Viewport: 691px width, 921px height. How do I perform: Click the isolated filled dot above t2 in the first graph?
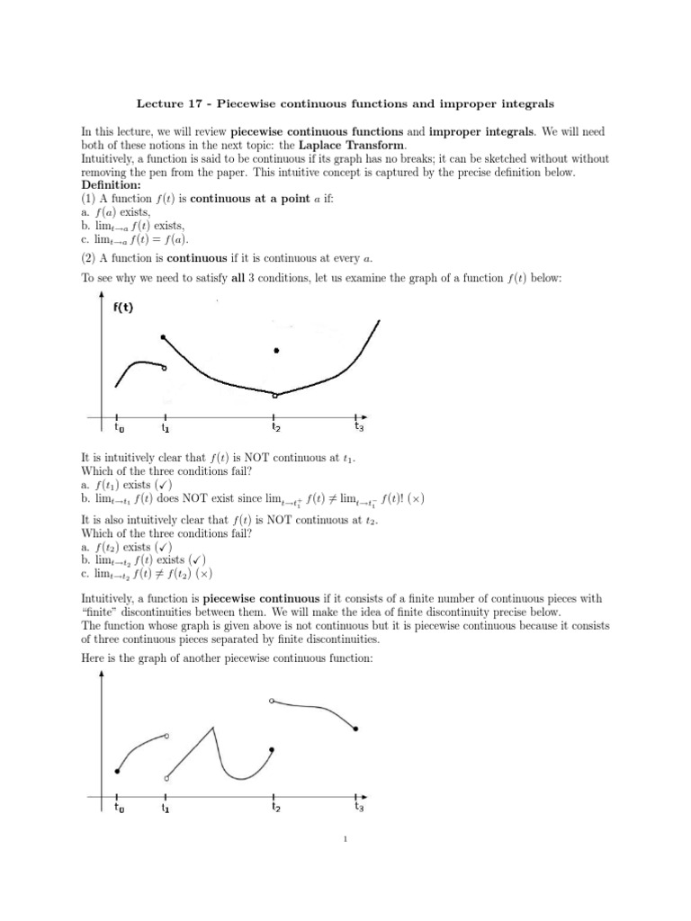(276, 351)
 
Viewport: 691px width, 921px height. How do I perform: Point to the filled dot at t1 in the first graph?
(163, 337)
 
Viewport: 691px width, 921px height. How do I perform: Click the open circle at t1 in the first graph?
(163, 367)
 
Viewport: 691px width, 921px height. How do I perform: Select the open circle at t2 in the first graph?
(275, 395)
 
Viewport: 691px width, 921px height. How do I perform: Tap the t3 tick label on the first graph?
(359, 427)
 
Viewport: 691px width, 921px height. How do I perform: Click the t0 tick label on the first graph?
(119, 428)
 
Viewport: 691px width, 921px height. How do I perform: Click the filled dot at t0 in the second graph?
(117, 771)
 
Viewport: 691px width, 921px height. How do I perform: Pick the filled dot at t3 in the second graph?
(356, 729)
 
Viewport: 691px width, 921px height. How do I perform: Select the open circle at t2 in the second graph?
(272, 700)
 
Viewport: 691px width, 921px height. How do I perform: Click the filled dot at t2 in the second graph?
(272, 749)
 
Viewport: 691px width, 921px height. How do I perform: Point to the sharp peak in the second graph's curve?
(213, 726)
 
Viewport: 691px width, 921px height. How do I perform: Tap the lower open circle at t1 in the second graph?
(166, 778)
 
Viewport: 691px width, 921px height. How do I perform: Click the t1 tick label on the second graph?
(166, 808)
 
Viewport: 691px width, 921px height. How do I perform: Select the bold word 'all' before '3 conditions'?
(239, 279)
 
